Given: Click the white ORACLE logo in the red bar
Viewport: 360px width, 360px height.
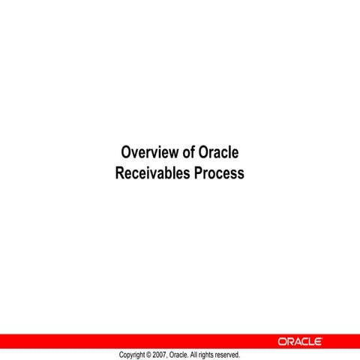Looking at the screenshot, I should (x=300, y=342).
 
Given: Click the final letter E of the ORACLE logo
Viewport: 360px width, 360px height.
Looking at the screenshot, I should (x=318, y=342).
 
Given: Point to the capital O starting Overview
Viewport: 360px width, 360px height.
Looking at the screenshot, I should (x=125, y=153).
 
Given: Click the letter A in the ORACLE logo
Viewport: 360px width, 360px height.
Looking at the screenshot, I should (x=296, y=342).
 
